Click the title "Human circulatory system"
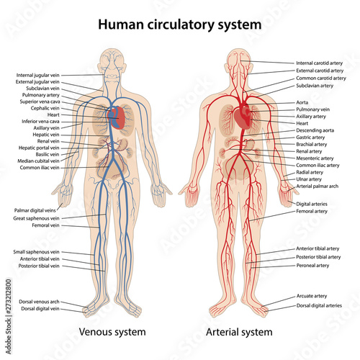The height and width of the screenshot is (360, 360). [x=180, y=25]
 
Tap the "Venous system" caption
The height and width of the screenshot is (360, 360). [x=112, y=333]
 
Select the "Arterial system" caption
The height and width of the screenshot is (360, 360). [x=239, y=333]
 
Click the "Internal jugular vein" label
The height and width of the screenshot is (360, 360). [x=37, y=76]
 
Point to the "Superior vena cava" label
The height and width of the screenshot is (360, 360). [x=40, y=102]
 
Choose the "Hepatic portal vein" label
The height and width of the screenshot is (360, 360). [x=39, y=148]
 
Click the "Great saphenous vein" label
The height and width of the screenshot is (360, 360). [x=36, y=218]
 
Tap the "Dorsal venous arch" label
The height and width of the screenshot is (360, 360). [x=39, y=302]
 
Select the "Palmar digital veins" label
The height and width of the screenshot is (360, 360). [x=35, y=210]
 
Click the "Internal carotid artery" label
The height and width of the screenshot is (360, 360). [x=319, y=63]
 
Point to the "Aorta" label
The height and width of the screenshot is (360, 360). [x=302, y=102]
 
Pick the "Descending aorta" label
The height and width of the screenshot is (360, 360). [x=315, y=130]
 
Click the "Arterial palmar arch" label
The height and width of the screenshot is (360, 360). [x=317, y=186]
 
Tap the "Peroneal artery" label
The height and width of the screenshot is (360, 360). [x=312, y=266]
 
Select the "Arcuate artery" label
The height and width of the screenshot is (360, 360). [x=312, y=296]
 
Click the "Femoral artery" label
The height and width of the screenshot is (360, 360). [x=312, y=212]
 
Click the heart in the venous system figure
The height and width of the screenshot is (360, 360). [x=117, y=118]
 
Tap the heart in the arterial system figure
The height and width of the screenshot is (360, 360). [x=243, y=118]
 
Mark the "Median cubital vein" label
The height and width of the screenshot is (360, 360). [x=38, y=161]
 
